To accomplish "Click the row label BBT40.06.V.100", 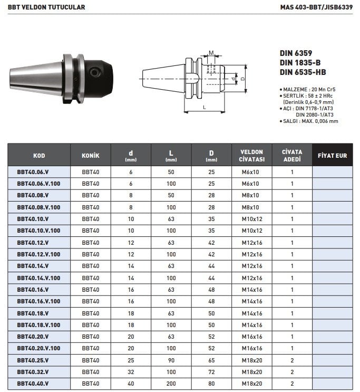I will point(38,184).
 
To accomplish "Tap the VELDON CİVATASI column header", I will point(251,155).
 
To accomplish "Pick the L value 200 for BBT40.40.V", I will point(171,384).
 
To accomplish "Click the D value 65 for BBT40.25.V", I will point(211,360).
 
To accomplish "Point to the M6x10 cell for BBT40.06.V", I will point(251,172).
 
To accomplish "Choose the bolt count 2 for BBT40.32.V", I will point(292,372).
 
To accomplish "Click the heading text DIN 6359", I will point(296,53).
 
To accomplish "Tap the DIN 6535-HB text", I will point(303,72).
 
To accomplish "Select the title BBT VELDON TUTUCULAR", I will point(46,7).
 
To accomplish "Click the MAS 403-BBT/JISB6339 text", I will point(316,7).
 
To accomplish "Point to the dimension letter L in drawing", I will point(205,108).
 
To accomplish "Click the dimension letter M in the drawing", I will point(211,52).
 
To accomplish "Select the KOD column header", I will point(39,156).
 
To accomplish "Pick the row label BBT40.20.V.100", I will point(38,348).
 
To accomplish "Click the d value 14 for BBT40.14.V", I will point(131,266).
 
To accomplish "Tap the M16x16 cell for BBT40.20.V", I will point(251,337).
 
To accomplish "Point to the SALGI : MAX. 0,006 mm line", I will point(310,121).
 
